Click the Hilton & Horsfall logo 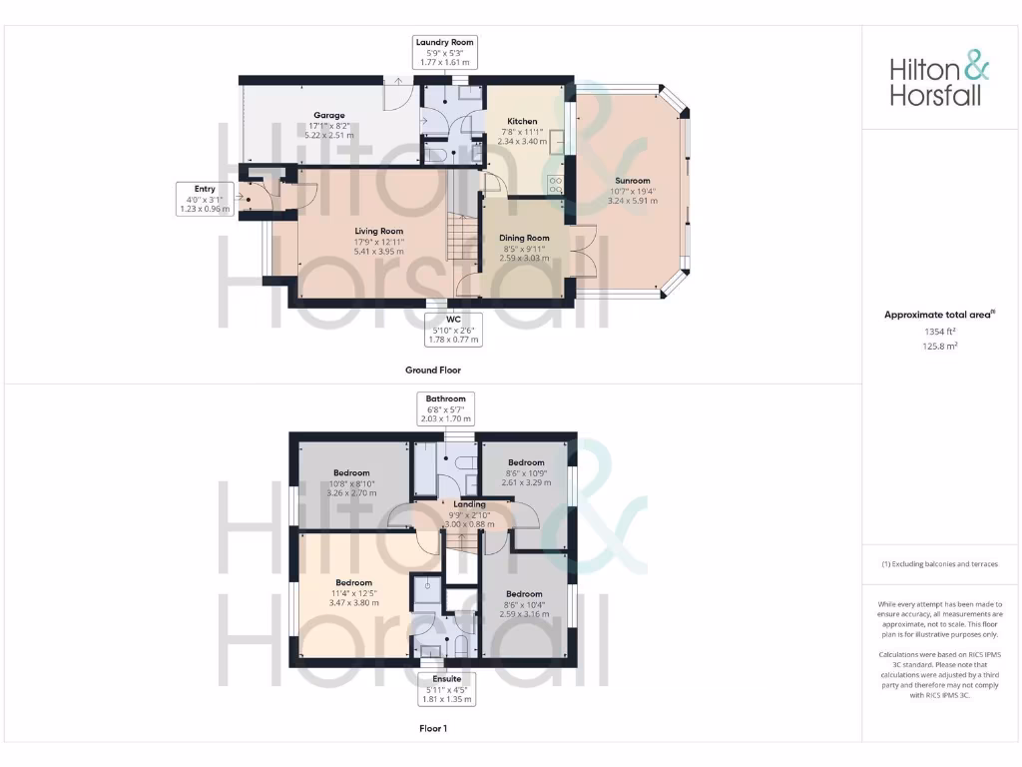[939, 81]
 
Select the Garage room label [328, 125]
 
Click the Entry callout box [205, 199]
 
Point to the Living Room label [378, 241]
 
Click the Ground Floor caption [432, 370]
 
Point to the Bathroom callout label [445, 408]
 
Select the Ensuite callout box [445, 688]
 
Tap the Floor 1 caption [432, 729]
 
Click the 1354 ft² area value [938, 331]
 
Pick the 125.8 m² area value [938, 347]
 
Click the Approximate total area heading [939, 315]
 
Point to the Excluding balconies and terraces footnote [939, 564]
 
